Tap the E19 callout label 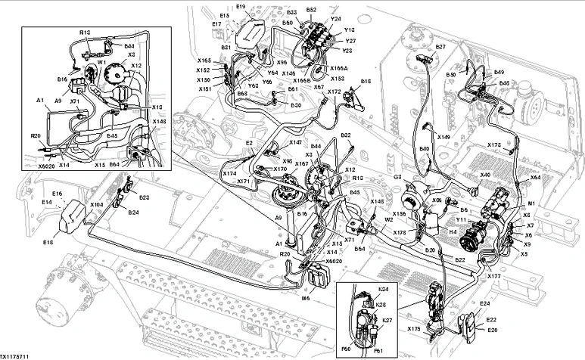241,7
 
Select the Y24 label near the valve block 336,19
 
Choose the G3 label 397,177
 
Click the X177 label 494,277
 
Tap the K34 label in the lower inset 383,289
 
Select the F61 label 378,351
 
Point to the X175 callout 413,329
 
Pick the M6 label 306,299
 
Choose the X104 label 96,204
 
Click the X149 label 443,137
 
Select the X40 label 485,175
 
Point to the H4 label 453,233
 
